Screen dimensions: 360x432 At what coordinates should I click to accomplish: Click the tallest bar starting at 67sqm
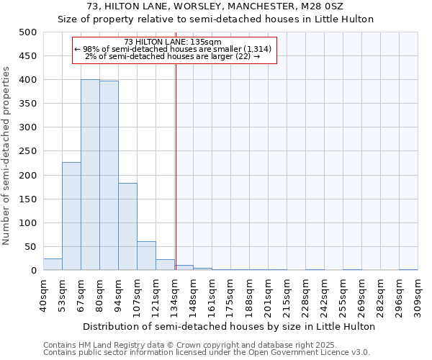90,175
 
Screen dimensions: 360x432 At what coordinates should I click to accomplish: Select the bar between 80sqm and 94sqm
109,176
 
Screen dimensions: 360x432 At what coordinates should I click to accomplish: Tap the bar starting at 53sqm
71,216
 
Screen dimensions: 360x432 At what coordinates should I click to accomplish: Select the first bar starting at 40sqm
53,264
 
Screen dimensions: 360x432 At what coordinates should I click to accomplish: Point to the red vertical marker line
176,166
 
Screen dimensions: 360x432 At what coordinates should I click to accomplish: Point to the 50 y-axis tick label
30,247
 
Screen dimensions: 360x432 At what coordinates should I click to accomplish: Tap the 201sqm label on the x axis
269,295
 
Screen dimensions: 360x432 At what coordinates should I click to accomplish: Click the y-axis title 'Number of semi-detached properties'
7,155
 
